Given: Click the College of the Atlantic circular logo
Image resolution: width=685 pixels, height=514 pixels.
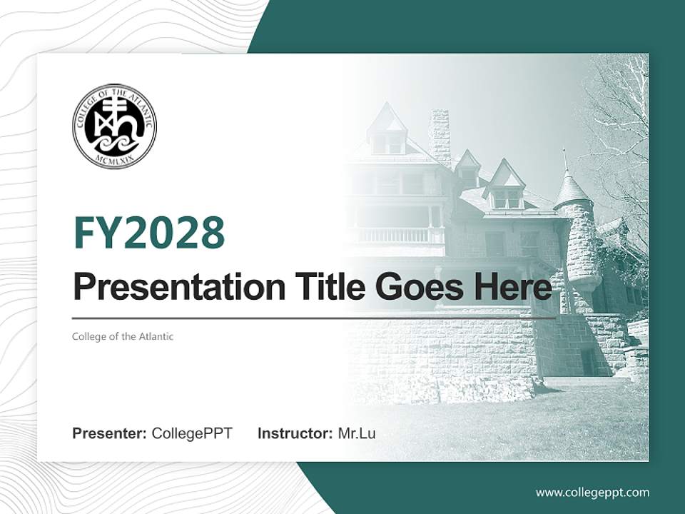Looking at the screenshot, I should click(x=114, y=126).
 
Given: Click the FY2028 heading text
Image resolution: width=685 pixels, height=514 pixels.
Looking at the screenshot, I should click(x=148, y=233).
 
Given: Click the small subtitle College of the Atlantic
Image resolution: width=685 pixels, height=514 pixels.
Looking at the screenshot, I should click(x=123, y=336).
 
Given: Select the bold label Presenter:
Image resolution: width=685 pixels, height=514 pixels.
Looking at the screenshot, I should click(x=110, y=433).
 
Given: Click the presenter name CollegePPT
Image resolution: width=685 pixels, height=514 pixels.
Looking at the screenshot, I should click(x=192, y=433).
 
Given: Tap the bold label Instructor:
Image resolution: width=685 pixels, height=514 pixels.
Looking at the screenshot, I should click(x=295, y=433).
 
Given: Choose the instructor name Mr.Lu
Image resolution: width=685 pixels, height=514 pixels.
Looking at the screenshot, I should click(x=357, y=433).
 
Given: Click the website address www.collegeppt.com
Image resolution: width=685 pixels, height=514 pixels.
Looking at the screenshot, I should click(x=592, y=492).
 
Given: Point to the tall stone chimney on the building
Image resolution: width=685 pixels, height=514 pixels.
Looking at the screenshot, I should click(x=439, y=136).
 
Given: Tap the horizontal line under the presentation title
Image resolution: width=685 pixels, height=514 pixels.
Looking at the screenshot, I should click(x=314, y=318).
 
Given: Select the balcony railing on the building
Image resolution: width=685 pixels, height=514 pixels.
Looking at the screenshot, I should click(x=400, y=235).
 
